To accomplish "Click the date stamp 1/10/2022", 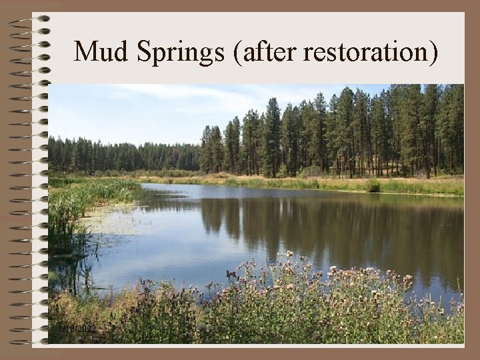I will [77, 329].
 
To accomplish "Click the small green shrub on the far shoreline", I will [373, 186].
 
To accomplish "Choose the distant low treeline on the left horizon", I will [120, 157].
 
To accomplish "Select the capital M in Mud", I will [85, 52].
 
